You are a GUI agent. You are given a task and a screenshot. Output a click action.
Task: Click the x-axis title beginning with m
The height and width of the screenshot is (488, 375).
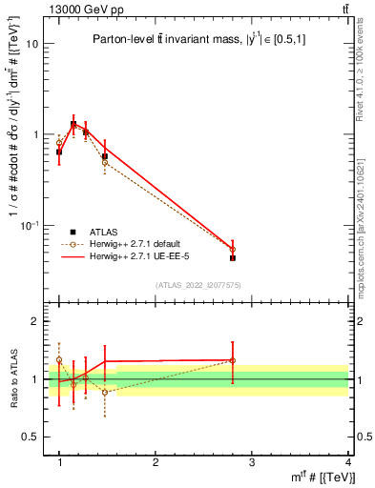(315, 478)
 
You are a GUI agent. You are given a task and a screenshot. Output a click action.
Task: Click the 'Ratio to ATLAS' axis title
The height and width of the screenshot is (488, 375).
(12, 379)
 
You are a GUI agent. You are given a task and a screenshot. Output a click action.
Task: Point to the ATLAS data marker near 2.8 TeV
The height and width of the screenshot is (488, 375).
(233, 257)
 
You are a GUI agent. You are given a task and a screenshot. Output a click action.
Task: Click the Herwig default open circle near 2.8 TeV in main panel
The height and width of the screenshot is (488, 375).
(233, 249)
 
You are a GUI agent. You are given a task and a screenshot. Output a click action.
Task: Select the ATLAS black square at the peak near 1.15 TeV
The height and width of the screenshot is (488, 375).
(73, 124)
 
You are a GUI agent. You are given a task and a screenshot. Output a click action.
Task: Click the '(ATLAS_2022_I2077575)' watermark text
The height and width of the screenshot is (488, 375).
(198, 284)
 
